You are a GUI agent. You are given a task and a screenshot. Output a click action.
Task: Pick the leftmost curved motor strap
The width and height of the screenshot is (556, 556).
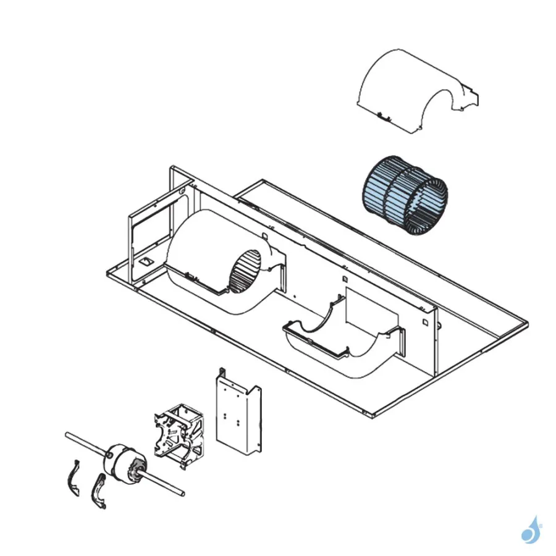(74, 479)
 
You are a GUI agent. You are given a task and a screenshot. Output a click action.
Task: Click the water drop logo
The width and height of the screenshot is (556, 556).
(529, 530)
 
